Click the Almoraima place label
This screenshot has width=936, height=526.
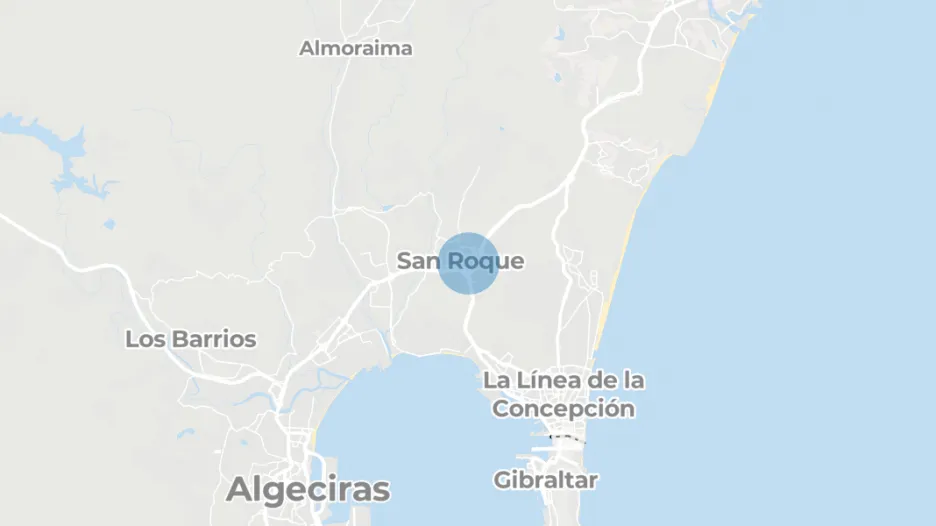point(356,48)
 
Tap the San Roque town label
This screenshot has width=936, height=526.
point(460,262)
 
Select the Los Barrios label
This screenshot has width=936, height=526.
point(190,339)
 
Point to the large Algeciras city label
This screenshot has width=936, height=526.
point(308,490)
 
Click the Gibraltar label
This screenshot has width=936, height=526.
point(546,480)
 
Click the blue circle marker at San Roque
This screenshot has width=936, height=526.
point(468,263)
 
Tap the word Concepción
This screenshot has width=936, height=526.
point(564,409)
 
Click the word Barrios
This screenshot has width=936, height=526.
point(214,339)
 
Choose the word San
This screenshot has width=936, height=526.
point(418,262)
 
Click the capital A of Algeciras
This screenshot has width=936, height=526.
point(240,490)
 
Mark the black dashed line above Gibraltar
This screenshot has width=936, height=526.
point(568,438)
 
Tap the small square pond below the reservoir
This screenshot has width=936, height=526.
point(109,224)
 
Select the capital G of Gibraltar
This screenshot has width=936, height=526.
point(503,480)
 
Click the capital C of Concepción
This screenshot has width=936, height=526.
point(502,409)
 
